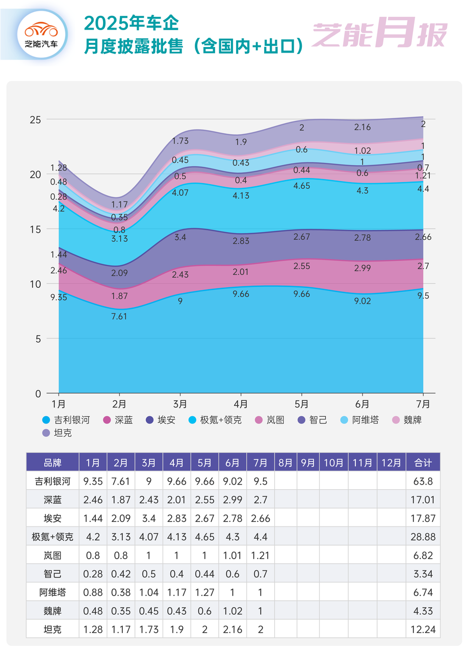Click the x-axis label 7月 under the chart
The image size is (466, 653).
tap(423, 404)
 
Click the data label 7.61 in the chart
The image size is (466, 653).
tap(119, 316)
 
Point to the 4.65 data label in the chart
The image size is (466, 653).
tap(302, 186)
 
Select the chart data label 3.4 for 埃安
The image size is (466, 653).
tap(180, 237)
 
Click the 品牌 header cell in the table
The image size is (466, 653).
tap(53, 463)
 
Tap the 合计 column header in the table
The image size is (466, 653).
tap(423, 463)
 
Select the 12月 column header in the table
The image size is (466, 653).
tap(391, 463)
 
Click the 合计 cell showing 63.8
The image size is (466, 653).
tap(423, 482)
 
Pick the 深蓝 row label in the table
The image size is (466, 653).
tap(53, 500)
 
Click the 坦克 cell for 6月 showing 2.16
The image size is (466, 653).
tap(232, 629)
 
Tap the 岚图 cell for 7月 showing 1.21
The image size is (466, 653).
tap(261, 556)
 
